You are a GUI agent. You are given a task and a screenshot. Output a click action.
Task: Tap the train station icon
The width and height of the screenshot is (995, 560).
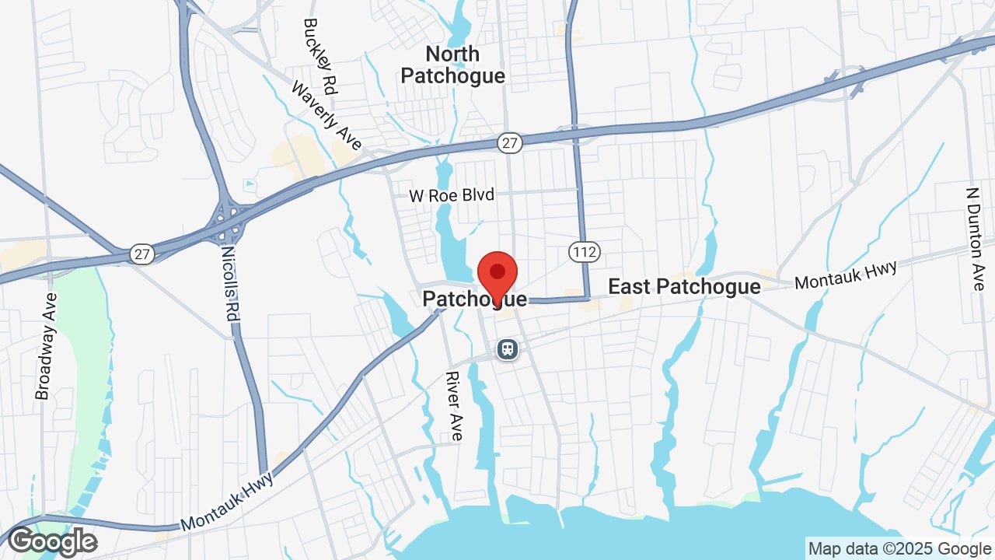pyautogui.click(x=508, y=349)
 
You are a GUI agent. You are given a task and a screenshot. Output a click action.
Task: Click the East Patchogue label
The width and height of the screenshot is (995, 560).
pyautogui.click(x=684, y=286)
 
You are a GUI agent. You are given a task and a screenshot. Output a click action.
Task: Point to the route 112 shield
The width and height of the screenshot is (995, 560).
pyautogui.click(x=583, y=251)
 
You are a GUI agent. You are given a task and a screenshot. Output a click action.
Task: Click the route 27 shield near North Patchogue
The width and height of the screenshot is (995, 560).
pyautogui.click(x=509, y=142)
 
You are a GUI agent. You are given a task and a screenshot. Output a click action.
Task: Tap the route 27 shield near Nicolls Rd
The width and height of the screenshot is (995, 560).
pyautogui.click(x=142, y=254)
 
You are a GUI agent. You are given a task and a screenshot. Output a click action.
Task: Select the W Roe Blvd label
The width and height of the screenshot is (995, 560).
pyautogui.click(x=452, y=195)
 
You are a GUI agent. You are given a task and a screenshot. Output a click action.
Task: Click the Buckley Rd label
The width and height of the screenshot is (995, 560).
pyautogui.click(x=319, y=56)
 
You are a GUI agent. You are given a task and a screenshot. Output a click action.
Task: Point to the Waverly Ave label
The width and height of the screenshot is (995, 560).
pyautogui.click(x=326, y=116)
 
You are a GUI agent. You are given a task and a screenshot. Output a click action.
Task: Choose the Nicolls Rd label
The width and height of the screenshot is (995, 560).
pyautogui.click(x=230, y=283)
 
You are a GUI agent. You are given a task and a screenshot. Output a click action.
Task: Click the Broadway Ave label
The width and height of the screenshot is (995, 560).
pyautogui.click(x=47, y=346)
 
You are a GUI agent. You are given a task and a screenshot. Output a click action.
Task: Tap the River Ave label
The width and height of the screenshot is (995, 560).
pyautogui.click(x=454, y=405)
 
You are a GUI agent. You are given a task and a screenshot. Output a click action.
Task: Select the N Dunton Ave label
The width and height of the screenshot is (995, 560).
pyautogui.click(x=975, y=238)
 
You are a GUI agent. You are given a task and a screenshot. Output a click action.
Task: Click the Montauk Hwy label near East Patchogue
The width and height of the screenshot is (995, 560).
pyautogui.click(x=845, y=275)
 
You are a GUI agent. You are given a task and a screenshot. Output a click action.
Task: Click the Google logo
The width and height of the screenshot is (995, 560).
pyautogui.click(x=52, y=541)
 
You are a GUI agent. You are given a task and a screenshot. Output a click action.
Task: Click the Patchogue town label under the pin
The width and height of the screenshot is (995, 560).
pyautogui.click(x=474, y=299)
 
